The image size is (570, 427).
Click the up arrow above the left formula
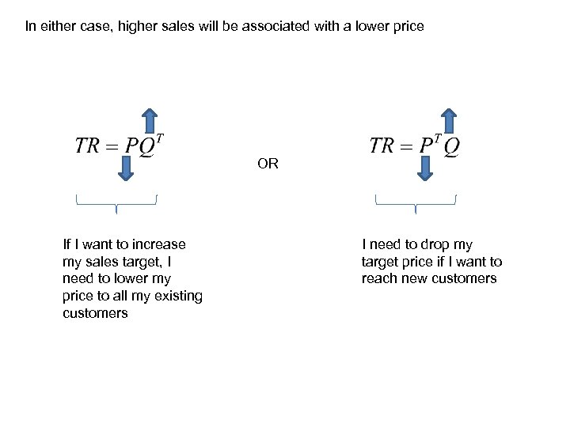(x=150, y=121)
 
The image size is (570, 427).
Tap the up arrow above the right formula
(x=448, y=121)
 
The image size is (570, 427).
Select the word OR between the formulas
(x=268, y=164)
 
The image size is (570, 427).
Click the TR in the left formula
(x=89, y=146)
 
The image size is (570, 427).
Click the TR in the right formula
(x=382, y=146)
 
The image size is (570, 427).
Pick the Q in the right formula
(x=451, y=147)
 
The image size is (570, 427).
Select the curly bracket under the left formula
(x=116, y=203)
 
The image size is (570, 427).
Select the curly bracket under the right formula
(x=416, y=203)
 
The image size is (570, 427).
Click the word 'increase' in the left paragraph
(x=159, y=244)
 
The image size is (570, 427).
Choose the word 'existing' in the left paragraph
(x=178, y=296)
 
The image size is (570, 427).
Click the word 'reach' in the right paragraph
(x=380, y=278)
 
